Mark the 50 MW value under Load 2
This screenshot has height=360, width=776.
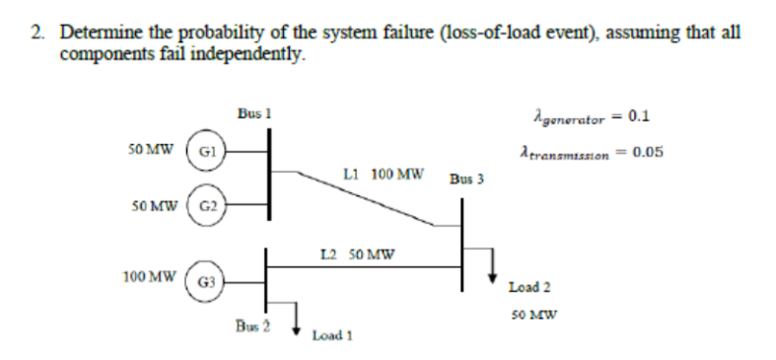click(x=529, y=316)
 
